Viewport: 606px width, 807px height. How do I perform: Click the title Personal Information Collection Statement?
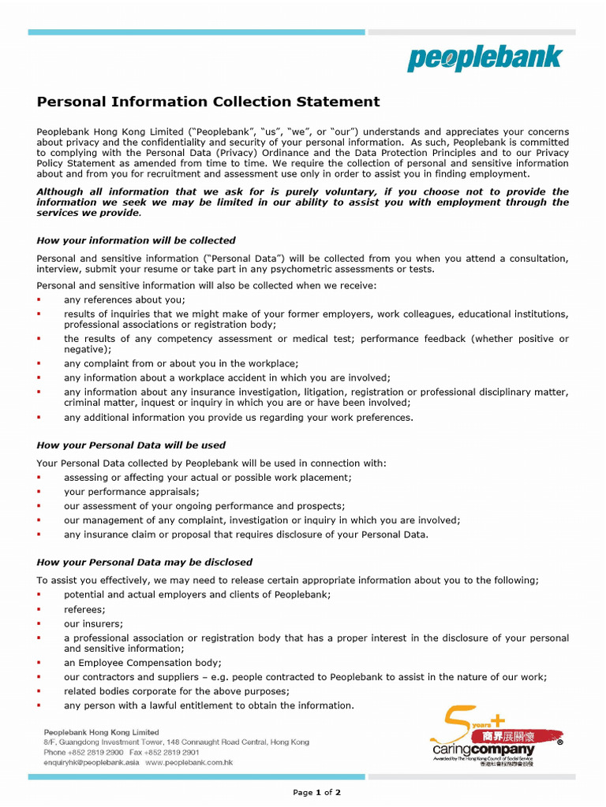(x=208, y=102)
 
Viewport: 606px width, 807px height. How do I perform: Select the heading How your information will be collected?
(x=136, y=240)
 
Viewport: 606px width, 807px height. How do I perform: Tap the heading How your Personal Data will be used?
(x=131, y=445)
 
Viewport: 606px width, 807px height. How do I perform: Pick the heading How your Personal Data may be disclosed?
(x=144, y=562)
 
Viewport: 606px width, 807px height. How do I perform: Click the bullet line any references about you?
(x=125, y=299)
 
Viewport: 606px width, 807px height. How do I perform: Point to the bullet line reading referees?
(x=84, y=609)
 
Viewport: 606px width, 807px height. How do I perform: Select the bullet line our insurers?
(x=93, y=623)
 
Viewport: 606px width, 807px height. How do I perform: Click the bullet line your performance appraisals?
(x=131, y=492)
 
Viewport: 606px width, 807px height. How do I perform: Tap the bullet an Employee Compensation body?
(x=143, y=663)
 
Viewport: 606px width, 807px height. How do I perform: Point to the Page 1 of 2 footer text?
(x=316, y=793)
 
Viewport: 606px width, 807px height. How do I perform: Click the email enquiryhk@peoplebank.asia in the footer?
(x=91, y=763)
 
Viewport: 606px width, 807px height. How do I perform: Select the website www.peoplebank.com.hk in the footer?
(x=189, y=763)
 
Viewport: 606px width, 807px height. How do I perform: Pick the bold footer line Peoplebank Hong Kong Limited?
(x=101, y=732)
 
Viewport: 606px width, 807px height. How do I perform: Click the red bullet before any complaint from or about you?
(x=39, y=364)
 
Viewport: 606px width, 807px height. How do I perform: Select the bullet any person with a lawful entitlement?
(x=209, y=705)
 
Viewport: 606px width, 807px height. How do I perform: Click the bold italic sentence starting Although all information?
(x=302, y=203)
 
